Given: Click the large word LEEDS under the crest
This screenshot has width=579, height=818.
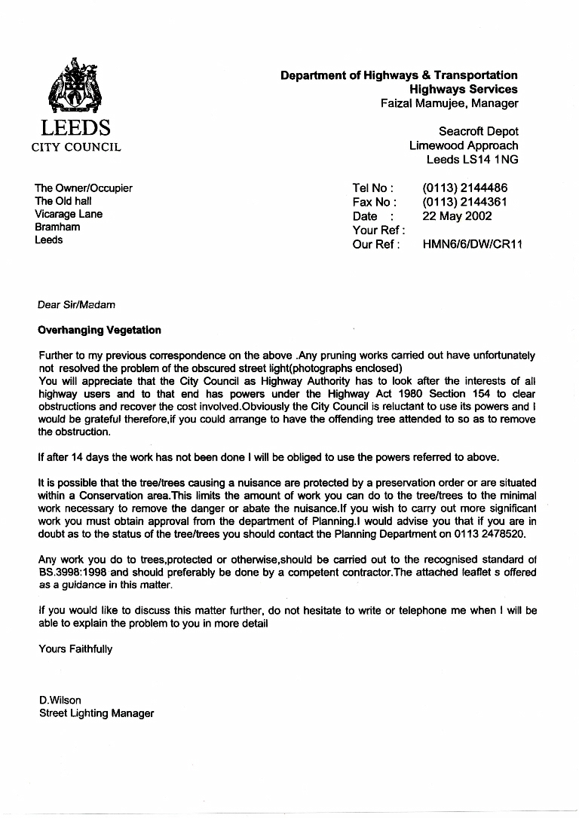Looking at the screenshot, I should (x=75, y=128).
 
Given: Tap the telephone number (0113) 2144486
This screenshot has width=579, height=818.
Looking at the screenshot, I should (x=464, y=188).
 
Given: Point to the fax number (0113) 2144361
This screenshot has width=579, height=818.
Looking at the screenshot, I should (x=464, y=202).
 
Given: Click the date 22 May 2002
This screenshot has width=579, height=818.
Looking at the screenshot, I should (x=457, y=216).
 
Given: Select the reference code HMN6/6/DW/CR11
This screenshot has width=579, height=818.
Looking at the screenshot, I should (x=473, y=244).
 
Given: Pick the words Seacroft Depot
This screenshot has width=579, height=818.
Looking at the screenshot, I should (x=479, y=131).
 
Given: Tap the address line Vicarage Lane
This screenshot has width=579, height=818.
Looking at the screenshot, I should (x=69, y=214).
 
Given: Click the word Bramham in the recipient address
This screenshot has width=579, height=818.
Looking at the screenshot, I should (x=57, y=227).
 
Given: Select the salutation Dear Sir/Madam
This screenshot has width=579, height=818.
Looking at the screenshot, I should (x=77, y=305).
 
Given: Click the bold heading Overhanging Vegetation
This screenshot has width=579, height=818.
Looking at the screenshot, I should (x=100, y=330).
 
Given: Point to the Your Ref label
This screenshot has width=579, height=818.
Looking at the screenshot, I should (x=378, y=230).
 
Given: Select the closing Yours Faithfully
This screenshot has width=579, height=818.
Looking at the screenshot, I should (x=75, y=649).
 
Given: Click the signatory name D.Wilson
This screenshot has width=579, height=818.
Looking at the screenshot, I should (x=60, y=700).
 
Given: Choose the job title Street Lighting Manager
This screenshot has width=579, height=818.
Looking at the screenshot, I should (x=96, y=713).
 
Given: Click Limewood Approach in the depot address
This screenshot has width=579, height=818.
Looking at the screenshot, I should (x=464, y=145).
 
